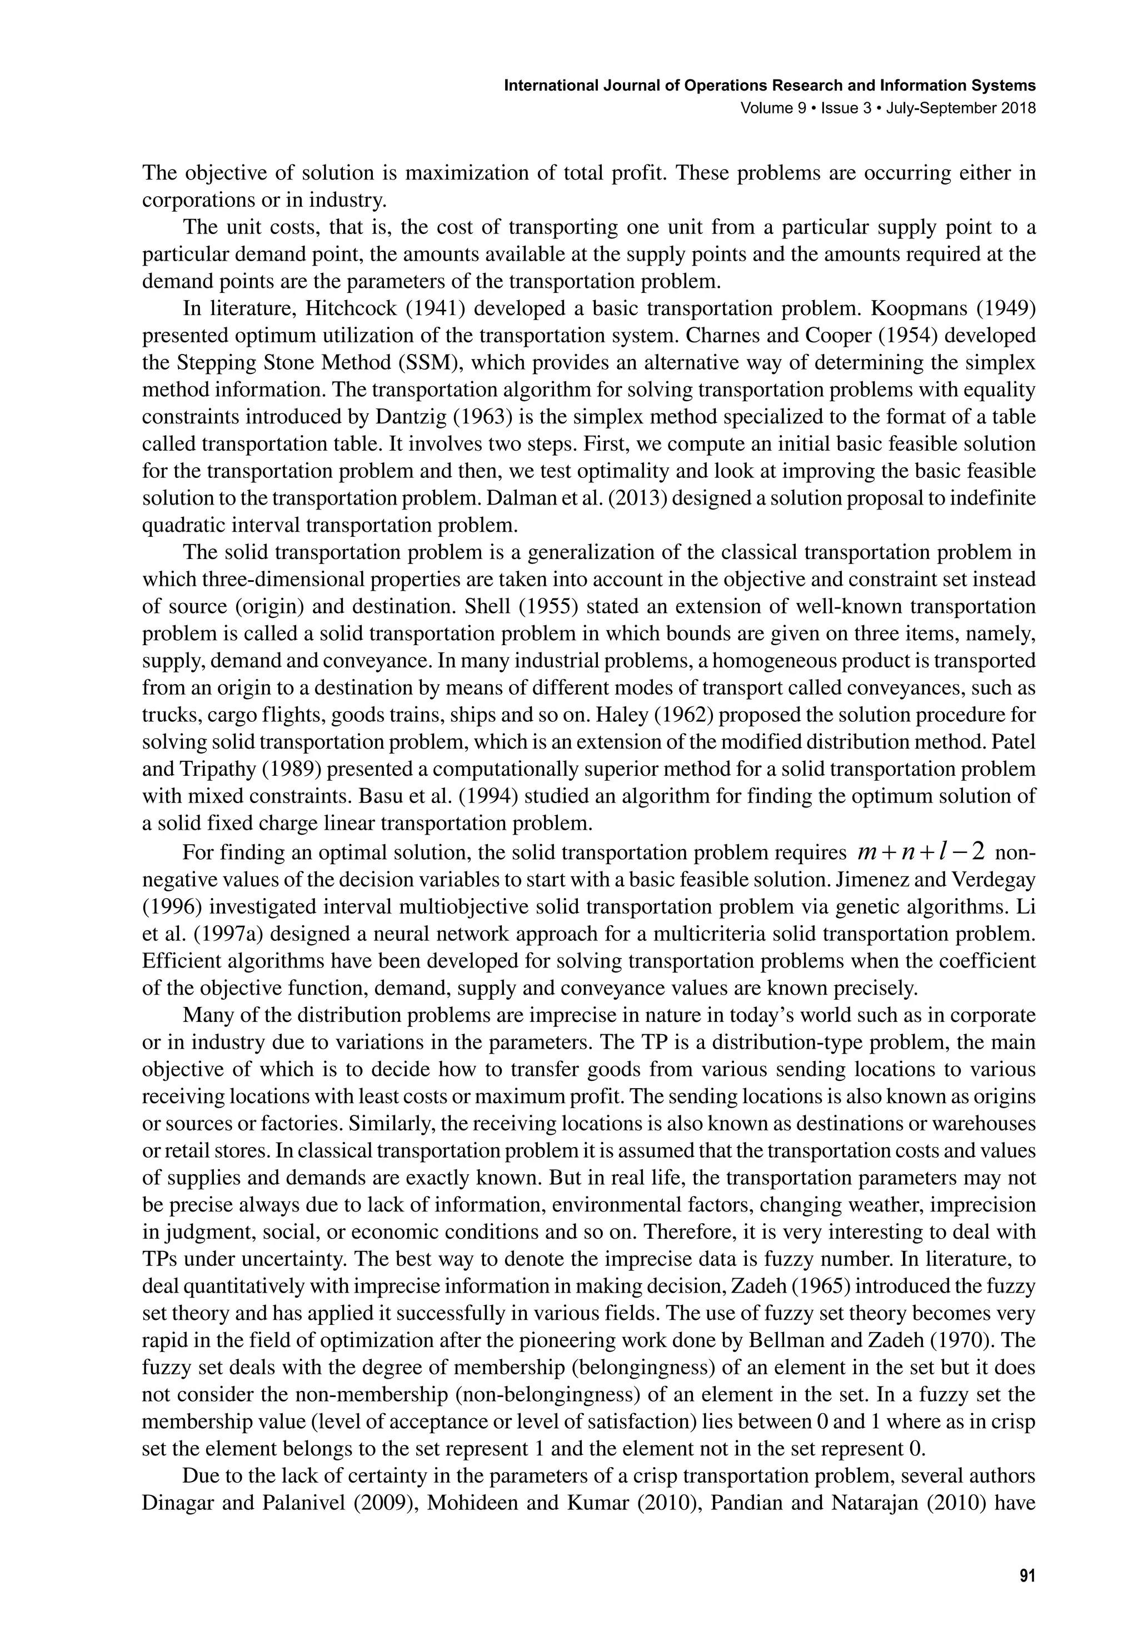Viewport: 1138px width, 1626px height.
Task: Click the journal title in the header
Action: [770, 86]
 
